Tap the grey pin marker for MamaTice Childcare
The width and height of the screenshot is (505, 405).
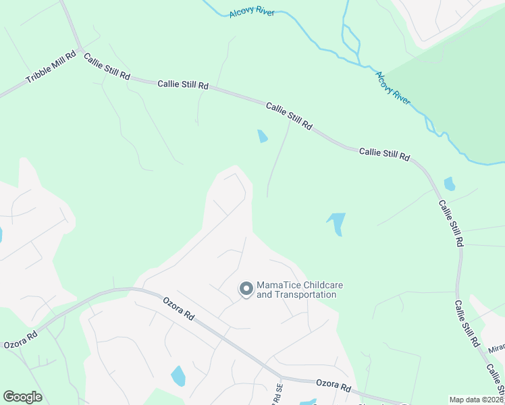pos(246,289)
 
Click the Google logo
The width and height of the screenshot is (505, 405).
pos(22,397)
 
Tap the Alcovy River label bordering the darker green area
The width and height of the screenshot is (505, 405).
pos(392,88)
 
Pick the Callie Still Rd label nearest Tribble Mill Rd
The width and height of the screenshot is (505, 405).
pos(107,67)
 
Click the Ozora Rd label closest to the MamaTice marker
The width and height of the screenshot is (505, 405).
pos(178,308)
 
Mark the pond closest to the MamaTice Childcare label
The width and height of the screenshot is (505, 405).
pos(336,223)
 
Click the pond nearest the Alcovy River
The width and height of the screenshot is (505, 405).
pos(449,184)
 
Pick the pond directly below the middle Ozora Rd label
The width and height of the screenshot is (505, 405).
pos(178,375)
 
